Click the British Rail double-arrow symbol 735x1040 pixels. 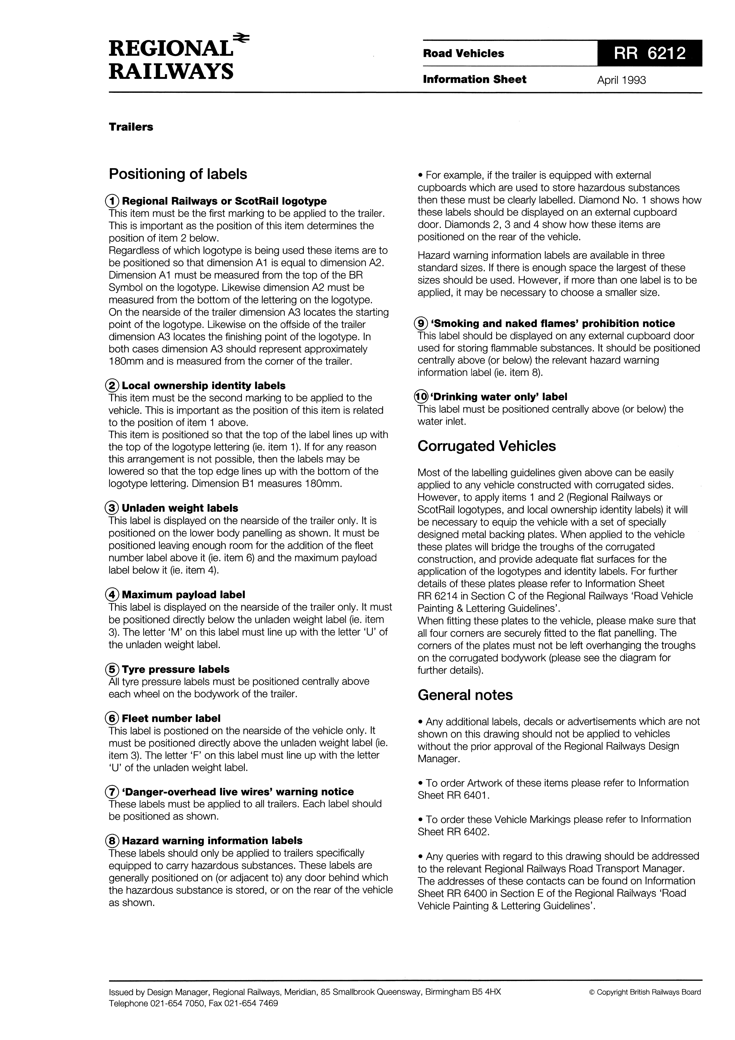click(x=241, y=39)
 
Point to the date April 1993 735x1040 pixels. click(x=621, y=80)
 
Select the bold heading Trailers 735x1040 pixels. click(x=131, y=127)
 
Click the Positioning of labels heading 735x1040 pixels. click(x=178, y=174)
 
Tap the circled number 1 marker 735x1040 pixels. click(x=112, y=201)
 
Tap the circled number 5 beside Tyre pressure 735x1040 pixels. click(x=112, y=669)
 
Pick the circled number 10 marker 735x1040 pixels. click(x=421, y=397)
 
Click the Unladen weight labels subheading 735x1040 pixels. click(x=180, y=508)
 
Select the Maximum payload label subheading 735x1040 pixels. click(x=183, y=595)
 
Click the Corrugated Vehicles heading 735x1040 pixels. click(x=486, y=446)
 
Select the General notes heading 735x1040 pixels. click(x=465, y=695)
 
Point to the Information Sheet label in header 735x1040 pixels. click(x=474, y=80)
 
